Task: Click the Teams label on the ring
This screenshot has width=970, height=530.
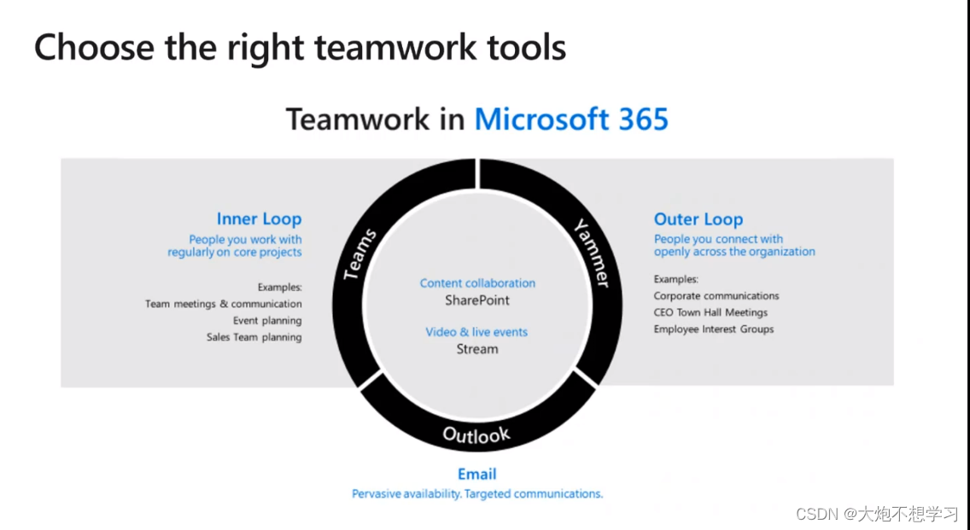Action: tap(360, 254)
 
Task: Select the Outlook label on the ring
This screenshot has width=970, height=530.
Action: tap(476, 434)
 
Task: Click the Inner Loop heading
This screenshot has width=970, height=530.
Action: tap(259, 219)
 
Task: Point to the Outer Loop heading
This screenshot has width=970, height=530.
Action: tap(698, 219)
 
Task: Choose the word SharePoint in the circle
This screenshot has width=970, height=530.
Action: tap(477, 300)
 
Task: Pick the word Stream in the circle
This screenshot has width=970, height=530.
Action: tap(477, 349)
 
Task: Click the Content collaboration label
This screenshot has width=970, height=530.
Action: tap(477, 283)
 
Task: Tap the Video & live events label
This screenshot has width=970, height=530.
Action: tap(477, 332)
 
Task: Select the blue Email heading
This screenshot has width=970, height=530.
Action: tap(476, 474)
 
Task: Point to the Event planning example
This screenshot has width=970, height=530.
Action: tap(267, 321)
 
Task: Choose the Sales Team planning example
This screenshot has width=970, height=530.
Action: tap(254, 337)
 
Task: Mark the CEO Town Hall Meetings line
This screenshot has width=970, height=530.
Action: tap(710, 312)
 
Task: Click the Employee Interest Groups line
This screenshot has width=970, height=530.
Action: tap(714, 329)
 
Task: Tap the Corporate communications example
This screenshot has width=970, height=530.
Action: tap(716, 296)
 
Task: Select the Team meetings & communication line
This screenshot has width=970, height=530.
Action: tap(224, 304)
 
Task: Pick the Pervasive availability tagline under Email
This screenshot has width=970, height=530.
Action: tap(477, 493)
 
